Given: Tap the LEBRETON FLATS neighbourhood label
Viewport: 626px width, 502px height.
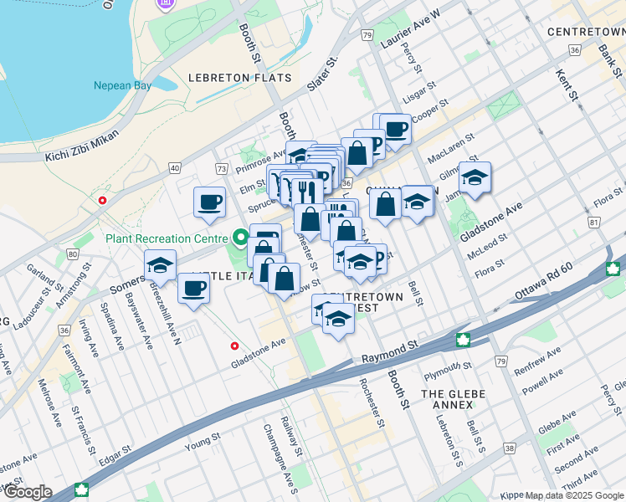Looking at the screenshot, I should (x=239, y=78).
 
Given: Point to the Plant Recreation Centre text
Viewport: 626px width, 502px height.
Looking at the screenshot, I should (x=167, y=238).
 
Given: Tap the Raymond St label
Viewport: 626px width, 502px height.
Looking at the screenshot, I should (x=389, y=351).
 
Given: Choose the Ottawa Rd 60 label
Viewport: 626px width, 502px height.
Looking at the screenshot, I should (x=544, y=293).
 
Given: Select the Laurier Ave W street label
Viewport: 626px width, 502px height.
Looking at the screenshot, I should (x=412, y=27).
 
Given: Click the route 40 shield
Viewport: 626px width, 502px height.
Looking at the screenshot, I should (x=174, y=168).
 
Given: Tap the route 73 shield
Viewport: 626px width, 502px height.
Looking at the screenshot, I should (x=221, y=169).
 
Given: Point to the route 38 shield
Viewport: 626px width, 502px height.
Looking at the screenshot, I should (x=509, y=448).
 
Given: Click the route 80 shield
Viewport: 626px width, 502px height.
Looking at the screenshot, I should (x=73, y=254).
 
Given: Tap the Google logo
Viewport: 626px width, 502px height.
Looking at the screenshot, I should (x=28, y=492).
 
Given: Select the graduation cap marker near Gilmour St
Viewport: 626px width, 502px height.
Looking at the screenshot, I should (x=475, y=178).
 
